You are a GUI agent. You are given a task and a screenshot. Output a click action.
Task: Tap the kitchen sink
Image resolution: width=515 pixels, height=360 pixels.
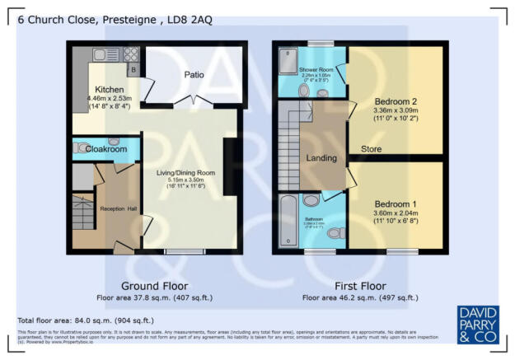104,55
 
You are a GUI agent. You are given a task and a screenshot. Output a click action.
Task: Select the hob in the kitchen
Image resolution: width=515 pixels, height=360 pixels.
129,55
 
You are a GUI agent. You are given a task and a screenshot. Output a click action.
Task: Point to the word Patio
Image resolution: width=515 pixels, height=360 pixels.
194,75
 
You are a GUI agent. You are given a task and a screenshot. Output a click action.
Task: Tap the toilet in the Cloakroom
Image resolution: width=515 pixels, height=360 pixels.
81,148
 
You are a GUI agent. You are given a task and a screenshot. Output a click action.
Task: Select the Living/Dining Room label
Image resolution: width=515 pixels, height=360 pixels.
186,172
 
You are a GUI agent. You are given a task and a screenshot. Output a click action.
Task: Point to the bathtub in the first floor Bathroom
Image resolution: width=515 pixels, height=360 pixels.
288,221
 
